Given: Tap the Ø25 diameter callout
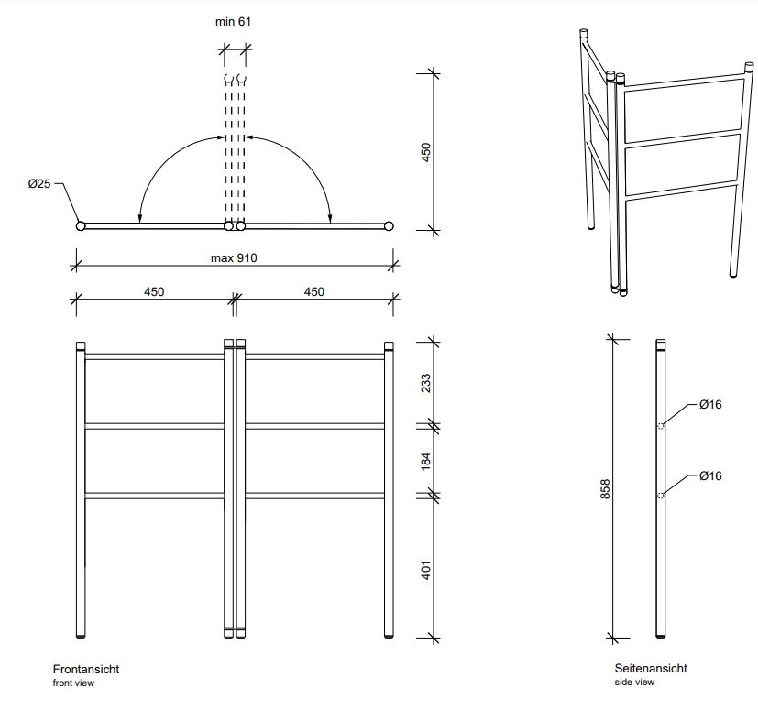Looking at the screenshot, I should [38, 184].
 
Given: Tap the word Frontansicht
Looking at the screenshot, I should [86, 670].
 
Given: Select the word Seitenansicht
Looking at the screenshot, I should [651, 669].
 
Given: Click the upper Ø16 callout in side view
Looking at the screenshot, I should [710, 404].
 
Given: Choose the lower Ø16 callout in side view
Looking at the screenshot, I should [710, 475].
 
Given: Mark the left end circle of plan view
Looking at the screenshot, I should [81, 225].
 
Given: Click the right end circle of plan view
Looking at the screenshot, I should [389, 225].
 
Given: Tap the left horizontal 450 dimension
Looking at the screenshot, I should [154, 292].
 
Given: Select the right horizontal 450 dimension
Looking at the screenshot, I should [313, 292].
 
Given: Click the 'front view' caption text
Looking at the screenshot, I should [73, 683].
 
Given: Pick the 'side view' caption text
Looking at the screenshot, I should [634, 683].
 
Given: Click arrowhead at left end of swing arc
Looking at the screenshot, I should [139, 219].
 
